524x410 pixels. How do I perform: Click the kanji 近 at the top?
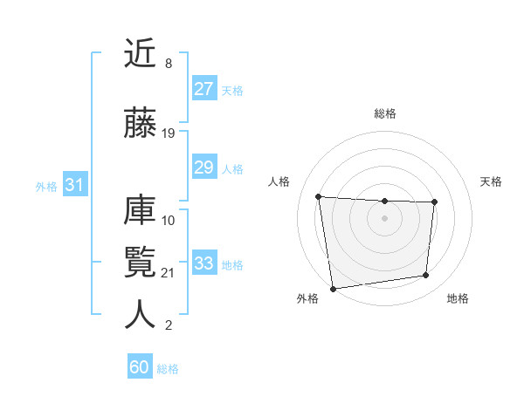point(141,54)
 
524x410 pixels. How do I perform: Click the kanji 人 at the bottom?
point(141,315)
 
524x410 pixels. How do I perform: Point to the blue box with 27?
point(203,89)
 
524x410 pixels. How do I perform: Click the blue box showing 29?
point(203,167)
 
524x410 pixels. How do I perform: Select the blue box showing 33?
point(203,263)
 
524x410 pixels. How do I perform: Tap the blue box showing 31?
point(74,185)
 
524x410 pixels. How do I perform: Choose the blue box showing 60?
point(140,367)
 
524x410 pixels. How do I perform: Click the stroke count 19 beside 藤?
point(169,133)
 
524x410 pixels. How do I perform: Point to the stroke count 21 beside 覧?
point(169,273)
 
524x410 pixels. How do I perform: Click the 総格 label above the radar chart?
point(384,113)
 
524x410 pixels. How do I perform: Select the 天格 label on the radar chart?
point(492,181)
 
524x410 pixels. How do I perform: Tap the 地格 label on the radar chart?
point(458,298)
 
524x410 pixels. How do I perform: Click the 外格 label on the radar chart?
point(307,298)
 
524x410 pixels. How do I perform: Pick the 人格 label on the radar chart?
point(279,181)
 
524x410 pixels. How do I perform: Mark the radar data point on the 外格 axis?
point(333,288)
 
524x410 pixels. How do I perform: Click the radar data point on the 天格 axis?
point(434,202)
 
